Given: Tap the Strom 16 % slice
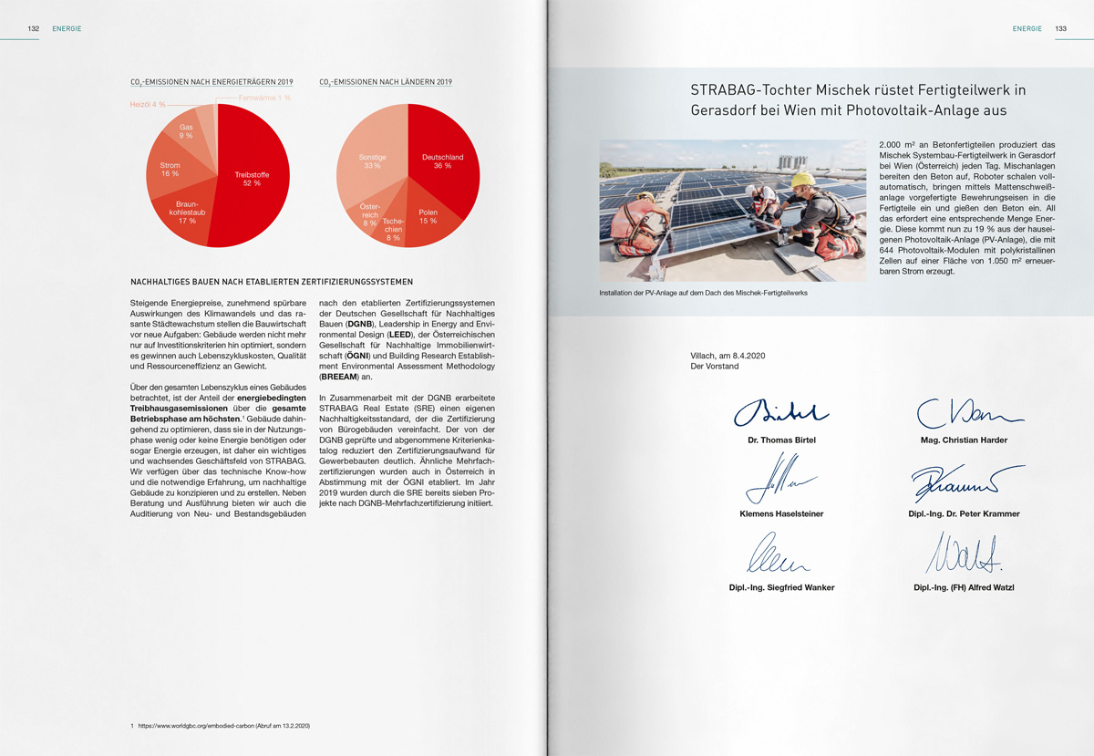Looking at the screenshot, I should pos(170,169).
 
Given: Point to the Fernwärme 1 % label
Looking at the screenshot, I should pos(264,98).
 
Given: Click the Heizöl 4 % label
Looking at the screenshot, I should pos(146,105).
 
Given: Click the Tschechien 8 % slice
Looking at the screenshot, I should pos(393,229).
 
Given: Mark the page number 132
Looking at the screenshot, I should pos(33,28).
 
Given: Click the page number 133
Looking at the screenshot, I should pos(1060,28).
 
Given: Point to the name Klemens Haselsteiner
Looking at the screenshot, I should pos(781,514).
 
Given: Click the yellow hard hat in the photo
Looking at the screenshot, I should pos(801,180).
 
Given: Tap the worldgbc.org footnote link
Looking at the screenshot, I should pos(224,726).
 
